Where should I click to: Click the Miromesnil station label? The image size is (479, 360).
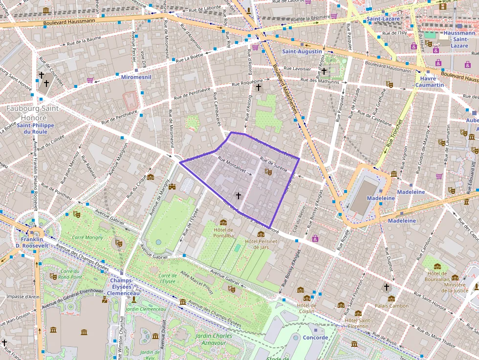(x=136, y=77)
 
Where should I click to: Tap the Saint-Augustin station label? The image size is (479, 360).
(x=302, y=51)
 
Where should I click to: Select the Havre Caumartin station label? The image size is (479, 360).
(x=429, y=82)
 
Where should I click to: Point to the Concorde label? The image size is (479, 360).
(x=315, y=338)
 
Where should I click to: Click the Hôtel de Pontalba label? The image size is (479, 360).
(x=223, y=233)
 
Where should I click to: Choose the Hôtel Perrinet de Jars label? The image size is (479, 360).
(x=261, y=244)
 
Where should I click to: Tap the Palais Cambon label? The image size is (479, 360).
(x=392, y=306)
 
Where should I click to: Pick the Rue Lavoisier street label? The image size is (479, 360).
(x=298, y=69)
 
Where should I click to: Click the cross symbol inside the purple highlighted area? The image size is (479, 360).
(x=238, y=195)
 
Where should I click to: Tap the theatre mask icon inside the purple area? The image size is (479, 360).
(x=267, y=171)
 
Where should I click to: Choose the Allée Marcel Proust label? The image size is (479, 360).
(x=196, y=282)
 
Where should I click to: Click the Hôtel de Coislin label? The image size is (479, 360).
(x=307, y=309)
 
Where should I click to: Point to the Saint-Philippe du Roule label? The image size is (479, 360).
(x=32, y=128)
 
